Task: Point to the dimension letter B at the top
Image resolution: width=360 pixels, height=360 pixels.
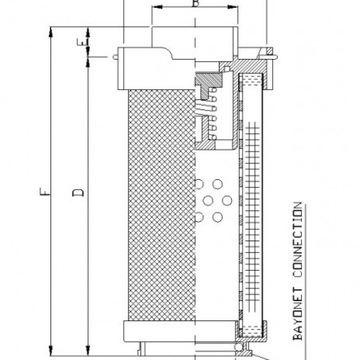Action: click(x=193, y=4)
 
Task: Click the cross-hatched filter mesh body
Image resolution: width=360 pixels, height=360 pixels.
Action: click(x=160, y=209)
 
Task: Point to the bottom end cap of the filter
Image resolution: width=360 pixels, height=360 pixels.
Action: click(x=180, y=332)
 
